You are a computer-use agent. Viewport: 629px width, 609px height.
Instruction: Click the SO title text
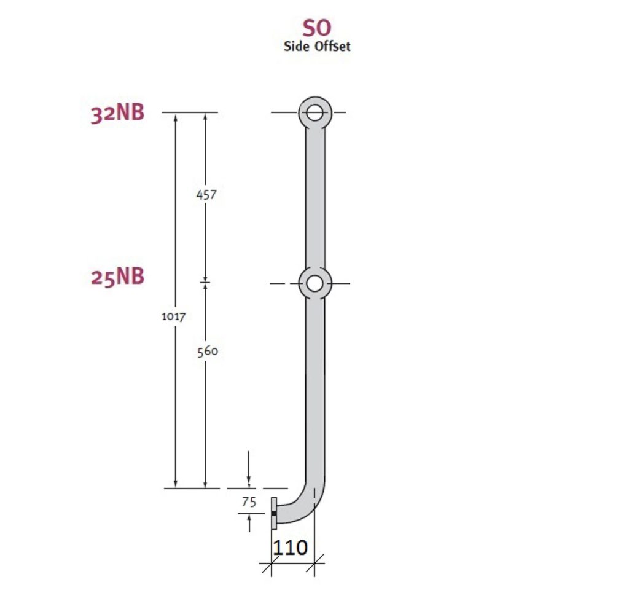(x=317, y=28)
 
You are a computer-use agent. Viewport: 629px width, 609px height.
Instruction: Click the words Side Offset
(x=317, y=46)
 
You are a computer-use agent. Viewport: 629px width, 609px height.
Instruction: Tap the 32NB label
(x=117, y=114)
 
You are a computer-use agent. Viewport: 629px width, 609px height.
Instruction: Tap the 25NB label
(x=117, y=277)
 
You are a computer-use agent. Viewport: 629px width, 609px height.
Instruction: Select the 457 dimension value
(x=206, y=194)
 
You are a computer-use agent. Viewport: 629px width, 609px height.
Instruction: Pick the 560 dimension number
(x=207, y=351)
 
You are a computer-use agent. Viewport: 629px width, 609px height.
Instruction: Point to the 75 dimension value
(x=248, y=501)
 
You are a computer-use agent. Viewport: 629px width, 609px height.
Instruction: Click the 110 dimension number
(x=289, y=547)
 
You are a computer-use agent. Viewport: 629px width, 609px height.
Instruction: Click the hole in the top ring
(x=315, y=112)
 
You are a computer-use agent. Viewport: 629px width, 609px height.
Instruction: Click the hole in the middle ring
(x=315, y=283)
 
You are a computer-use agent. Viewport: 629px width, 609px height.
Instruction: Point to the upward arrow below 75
(x=248, y=523)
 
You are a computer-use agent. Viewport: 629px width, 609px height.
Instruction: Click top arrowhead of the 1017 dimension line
(x=176, y=118)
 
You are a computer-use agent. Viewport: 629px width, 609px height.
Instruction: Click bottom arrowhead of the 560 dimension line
(x=205, y=484)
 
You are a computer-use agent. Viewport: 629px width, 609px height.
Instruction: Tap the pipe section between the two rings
(x=315, y=197)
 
